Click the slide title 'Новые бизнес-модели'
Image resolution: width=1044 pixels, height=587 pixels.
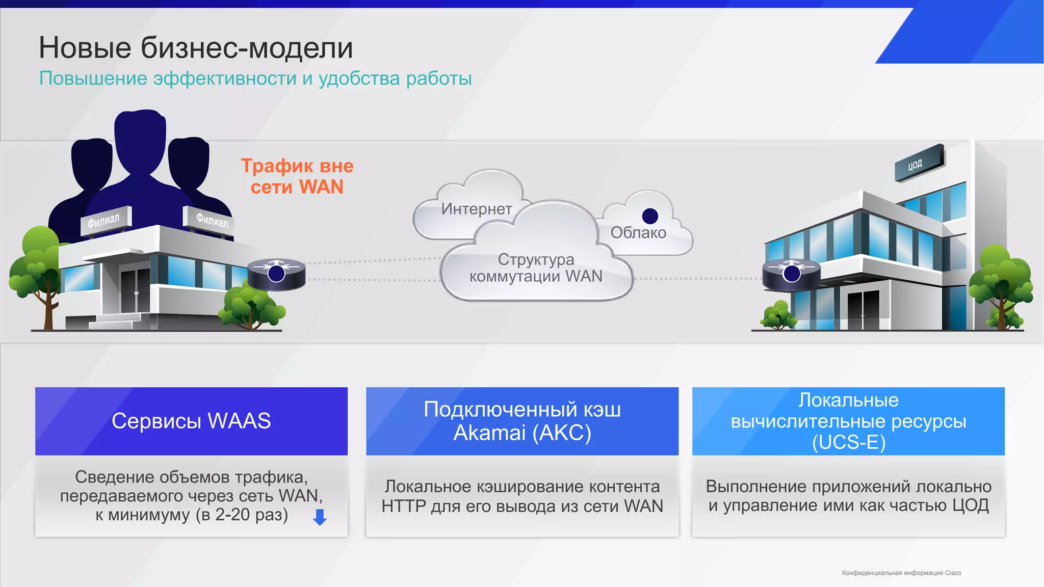coord(196,48)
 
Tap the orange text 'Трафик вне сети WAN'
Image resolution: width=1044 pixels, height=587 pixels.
coord(297,176)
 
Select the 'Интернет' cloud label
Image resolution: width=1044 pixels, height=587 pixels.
coord(477,209)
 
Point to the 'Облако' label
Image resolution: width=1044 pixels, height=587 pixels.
coord(638,233)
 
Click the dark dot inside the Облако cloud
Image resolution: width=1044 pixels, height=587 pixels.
coord(650,216)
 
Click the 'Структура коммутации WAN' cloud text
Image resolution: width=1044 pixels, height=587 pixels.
coord(536,268)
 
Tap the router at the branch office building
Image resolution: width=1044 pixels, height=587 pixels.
coord(276,274)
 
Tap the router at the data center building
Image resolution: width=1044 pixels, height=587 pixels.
coord(791,274)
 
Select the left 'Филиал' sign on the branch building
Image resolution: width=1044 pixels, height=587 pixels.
coord(105,221)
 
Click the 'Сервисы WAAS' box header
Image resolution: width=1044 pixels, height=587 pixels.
coord(191,421)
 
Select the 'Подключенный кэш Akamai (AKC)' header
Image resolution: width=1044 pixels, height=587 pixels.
coord(522,421)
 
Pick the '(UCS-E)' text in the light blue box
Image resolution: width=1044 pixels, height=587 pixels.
coord(848,442)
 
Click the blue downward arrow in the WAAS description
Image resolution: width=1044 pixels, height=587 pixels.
coord(320,517)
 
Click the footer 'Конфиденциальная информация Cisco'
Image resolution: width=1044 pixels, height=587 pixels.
coord(901,573)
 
